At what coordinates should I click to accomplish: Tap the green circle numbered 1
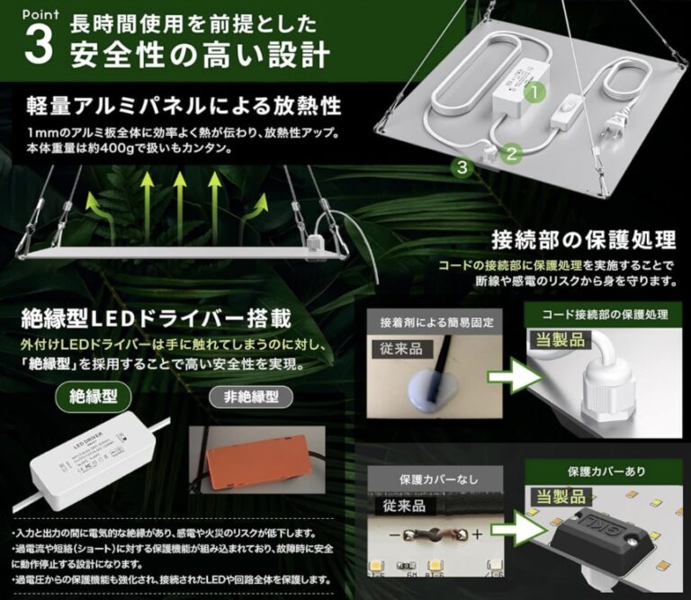534,91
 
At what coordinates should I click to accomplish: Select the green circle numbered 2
512,154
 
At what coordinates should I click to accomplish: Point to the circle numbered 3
462,166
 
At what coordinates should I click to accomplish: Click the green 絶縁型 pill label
94,395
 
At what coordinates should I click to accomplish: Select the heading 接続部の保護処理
583,240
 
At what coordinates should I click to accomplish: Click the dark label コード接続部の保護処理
605,315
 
